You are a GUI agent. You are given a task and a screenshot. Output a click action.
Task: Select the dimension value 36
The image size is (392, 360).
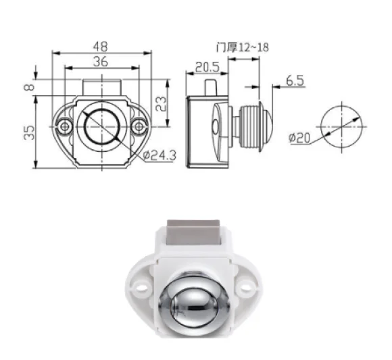coord(101,61)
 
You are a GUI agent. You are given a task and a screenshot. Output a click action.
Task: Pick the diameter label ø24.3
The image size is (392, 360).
coord(160,156)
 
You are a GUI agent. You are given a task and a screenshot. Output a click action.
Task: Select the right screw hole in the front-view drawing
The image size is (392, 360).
coord(139,126)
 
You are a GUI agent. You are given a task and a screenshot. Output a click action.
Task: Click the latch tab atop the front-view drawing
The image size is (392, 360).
coord(101,88)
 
